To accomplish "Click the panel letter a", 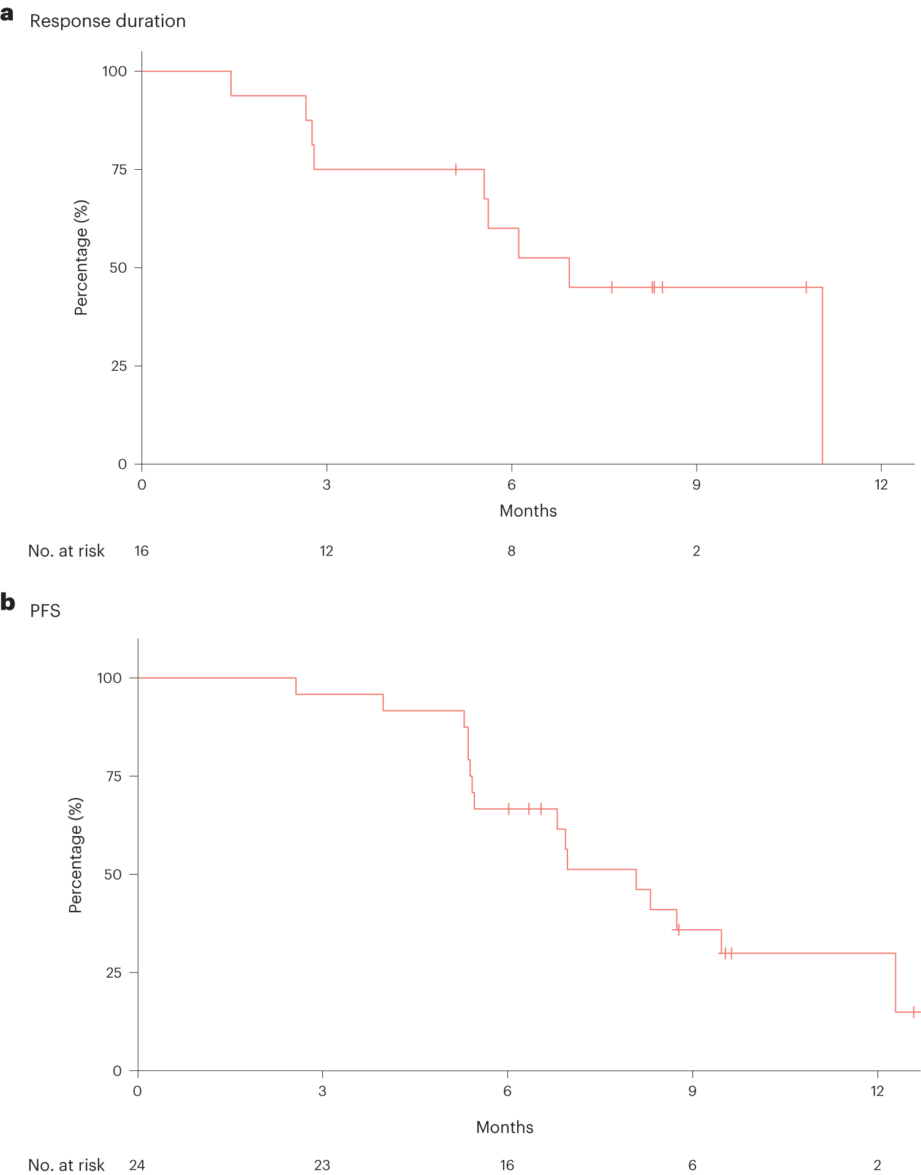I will [x=7, y=14].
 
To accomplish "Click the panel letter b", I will [x=7, y=602].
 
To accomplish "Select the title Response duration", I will [x=107, y=21].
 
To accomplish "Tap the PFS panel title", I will [x=45, y=611].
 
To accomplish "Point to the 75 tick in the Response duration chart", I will [x=119, y=170].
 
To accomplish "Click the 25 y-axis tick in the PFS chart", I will [x=113, y=973].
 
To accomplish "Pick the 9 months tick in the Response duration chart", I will [x=696, y=485].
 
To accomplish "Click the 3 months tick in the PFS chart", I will [x=322, y=1091].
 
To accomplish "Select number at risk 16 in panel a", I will [x=142, y=551].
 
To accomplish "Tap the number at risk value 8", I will [x=511, y=551].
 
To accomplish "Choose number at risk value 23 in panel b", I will [x=322, y=1165].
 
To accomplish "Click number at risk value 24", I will [x=137, y=1165].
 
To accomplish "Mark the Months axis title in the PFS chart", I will [x=504, y=1127].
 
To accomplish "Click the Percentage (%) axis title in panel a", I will [x=81, y=257].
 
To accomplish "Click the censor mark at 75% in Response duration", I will [x=456, y=170].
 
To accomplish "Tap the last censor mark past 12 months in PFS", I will [x=914, y=1012].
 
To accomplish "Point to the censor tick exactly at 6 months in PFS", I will [x=509, y=809].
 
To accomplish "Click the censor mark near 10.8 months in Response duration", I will [x=806, y=287].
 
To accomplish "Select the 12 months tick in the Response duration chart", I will [x=881, y=485].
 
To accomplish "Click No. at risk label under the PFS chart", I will [x=66, y=1165].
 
